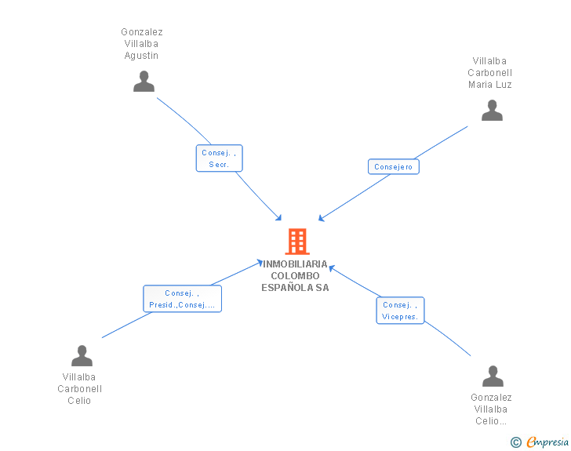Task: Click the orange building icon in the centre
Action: point(296,242)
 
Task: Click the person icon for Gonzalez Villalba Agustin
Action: point(144,82)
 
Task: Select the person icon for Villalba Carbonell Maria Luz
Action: point(492,111)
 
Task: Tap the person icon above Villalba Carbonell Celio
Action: point(82,356)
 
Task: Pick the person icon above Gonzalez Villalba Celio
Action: point(493,376)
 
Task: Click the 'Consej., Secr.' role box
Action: point(219,158)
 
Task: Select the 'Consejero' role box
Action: point(393,167)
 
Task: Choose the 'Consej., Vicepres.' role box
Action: point(400,311)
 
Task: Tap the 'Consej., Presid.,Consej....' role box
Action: point(182,299)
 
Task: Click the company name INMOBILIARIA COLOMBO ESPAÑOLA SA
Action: point(296,276)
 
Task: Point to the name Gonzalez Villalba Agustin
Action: point(142,44)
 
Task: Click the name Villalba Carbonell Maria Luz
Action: point(490,73)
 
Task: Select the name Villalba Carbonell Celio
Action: point(80,389)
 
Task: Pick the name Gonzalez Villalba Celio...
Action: point(492,409)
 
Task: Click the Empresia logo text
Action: point(547,442)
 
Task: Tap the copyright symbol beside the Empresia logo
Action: point(515,442)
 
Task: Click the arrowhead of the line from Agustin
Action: point(278,217)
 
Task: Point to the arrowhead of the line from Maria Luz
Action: point(321,219)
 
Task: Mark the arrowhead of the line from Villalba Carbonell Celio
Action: point(260,262)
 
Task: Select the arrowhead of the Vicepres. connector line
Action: point(331,267)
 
